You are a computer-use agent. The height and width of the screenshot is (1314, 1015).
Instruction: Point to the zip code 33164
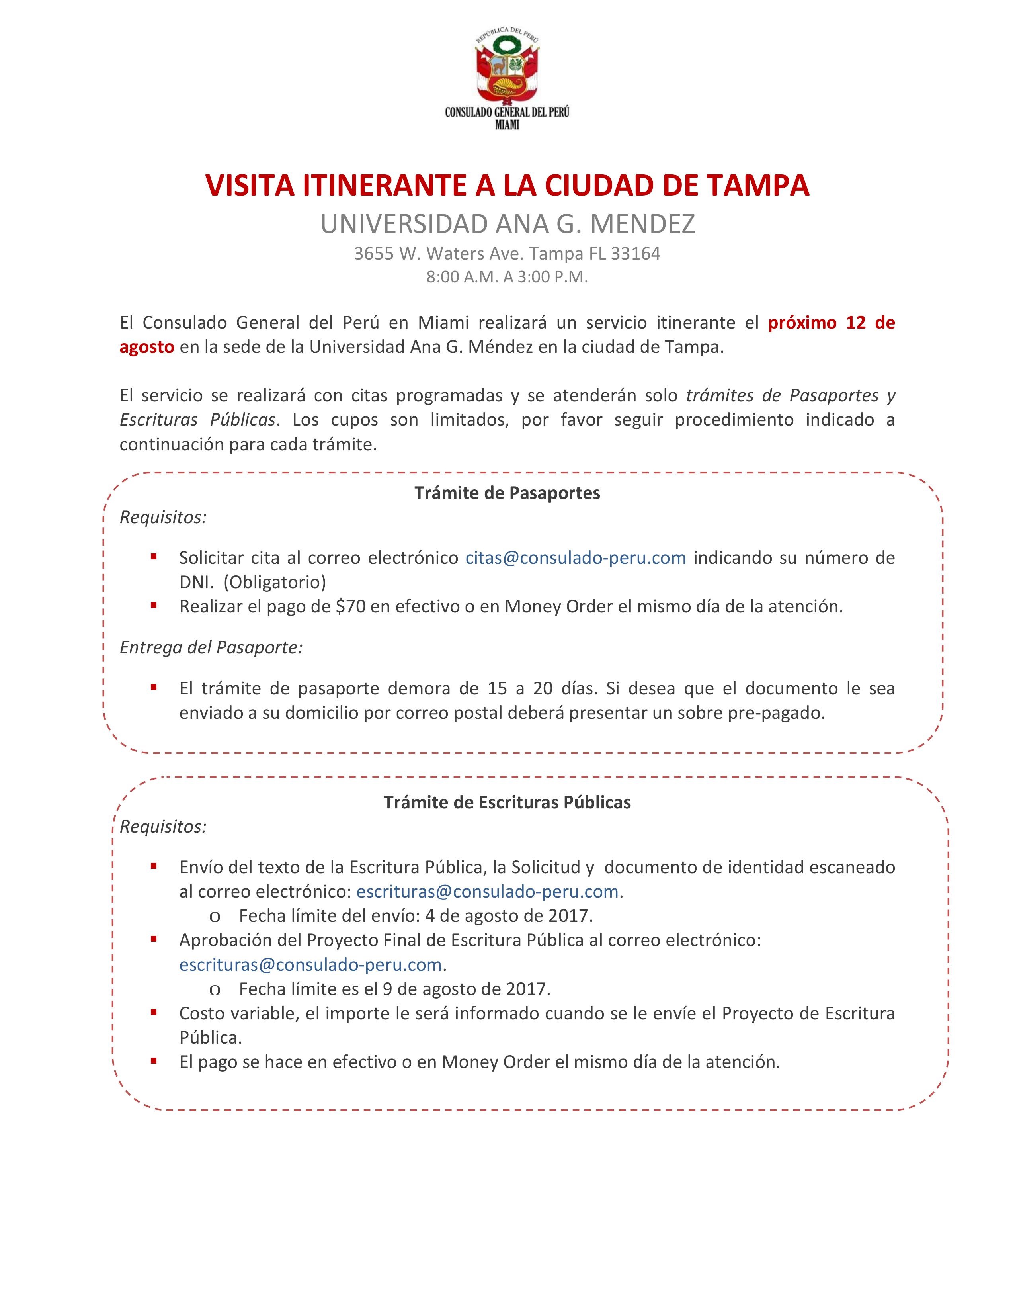[x=636, y=254]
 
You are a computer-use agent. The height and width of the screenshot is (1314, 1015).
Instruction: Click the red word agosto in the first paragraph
[x=147, y=348]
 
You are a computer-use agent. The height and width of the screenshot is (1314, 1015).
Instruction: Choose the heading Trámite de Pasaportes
[x=507, y=493]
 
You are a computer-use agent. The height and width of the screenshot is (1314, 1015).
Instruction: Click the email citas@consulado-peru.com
[x=576, y=558]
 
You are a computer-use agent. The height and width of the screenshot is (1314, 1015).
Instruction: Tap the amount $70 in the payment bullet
[x=351, y=606]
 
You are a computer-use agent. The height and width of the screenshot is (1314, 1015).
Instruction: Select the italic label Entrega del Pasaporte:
[x=211, y=647]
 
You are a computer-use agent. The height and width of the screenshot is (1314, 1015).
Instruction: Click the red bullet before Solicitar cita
[x=154, y=557]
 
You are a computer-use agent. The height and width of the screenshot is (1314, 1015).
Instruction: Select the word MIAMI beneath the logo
[x=507, y=125]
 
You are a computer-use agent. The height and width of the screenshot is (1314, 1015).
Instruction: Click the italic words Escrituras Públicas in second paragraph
[x=198, y=420]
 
